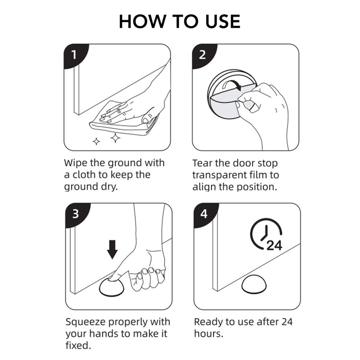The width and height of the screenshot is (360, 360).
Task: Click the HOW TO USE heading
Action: point(180,22)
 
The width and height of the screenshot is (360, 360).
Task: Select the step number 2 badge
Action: point(203,54)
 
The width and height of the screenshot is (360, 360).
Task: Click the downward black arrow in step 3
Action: point(112,250)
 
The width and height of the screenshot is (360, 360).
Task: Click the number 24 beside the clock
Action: point(274,245)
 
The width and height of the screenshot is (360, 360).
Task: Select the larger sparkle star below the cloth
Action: point(115,138)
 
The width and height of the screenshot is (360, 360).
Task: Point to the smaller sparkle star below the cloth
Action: point(96,141)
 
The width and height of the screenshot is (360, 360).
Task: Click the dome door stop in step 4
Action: point(254,284)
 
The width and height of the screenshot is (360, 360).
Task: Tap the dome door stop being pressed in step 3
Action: point(112,287)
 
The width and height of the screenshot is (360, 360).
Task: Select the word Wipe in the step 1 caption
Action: point(76,163)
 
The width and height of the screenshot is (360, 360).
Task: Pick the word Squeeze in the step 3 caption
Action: point(85,323)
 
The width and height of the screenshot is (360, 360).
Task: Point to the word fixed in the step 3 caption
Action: point(78,346)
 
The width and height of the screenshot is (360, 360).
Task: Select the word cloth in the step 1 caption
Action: point(84,175)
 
